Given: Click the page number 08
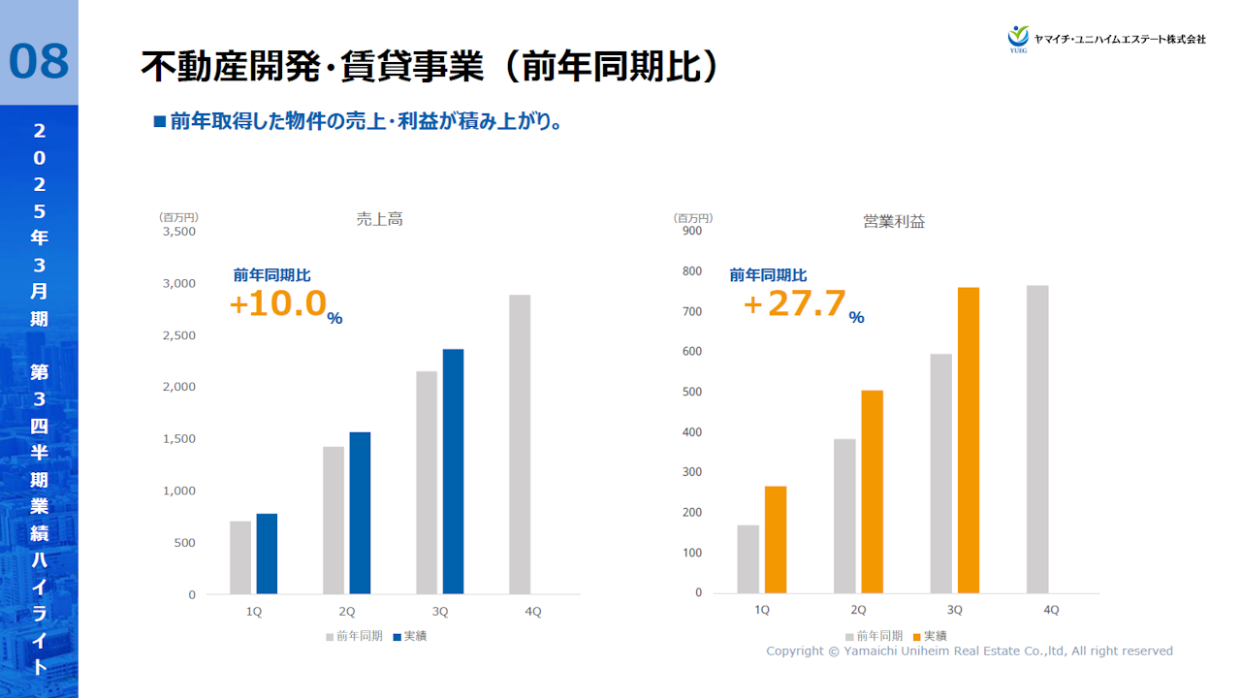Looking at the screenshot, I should [x=39, y=60].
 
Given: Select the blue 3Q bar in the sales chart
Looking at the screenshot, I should [x=453, y=471].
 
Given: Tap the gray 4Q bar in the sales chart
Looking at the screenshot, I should [x=520, y=444].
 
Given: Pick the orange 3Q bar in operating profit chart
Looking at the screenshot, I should [x=969, y=440].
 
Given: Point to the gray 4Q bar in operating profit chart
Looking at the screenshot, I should [x=1037, y=439].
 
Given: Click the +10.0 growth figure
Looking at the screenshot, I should [x=278, y=303].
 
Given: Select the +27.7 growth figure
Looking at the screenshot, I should [x=795, y=303].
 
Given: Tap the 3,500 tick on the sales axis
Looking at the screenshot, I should [x=179, y=232].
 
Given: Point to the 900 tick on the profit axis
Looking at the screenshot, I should [x=692, y=231].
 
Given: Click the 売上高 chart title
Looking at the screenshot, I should [x=379, y=220].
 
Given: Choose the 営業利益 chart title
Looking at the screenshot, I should [x=894, y=222].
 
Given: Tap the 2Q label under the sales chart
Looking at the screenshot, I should [x=347, y=612].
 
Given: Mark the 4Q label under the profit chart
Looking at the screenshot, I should [x=1051, y=611].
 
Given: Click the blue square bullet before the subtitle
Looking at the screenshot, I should [x=160, y=122].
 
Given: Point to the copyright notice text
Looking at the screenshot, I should [x=970, y=651].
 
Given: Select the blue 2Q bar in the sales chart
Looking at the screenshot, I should [x=360, y=513].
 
